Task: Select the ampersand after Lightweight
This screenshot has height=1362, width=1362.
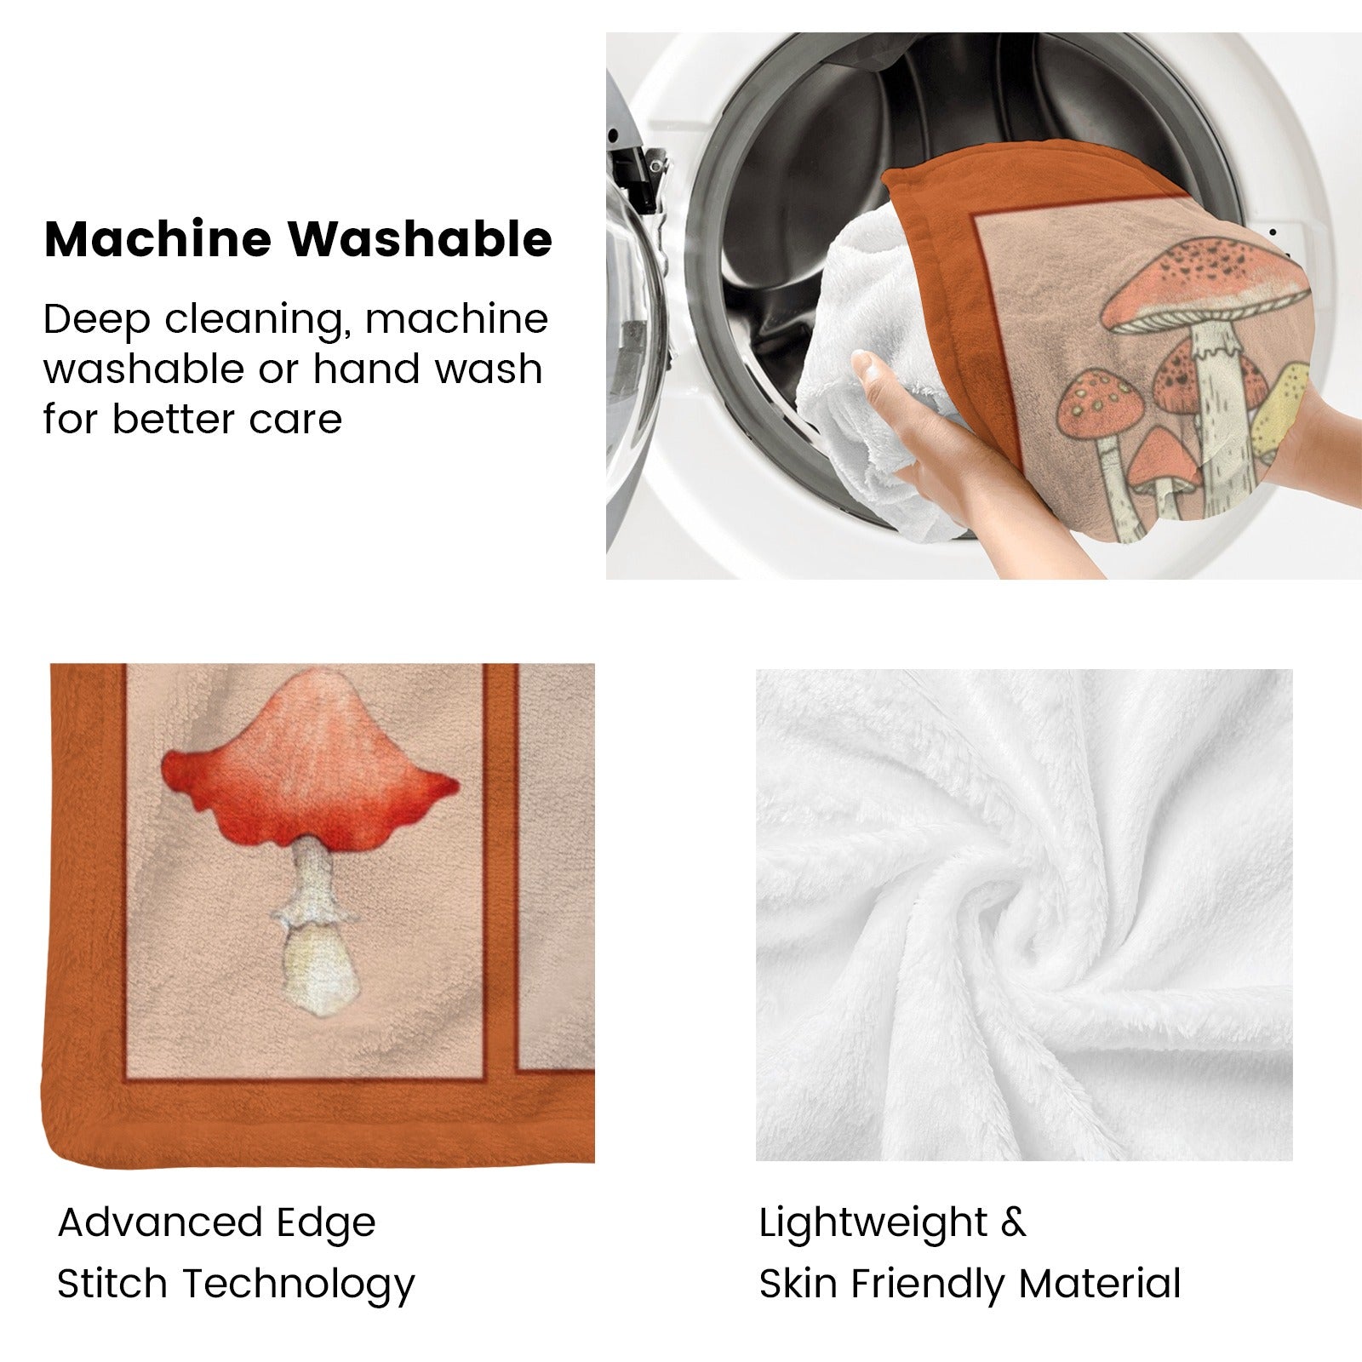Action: pyautogui.click(x=1014, y=1224)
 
